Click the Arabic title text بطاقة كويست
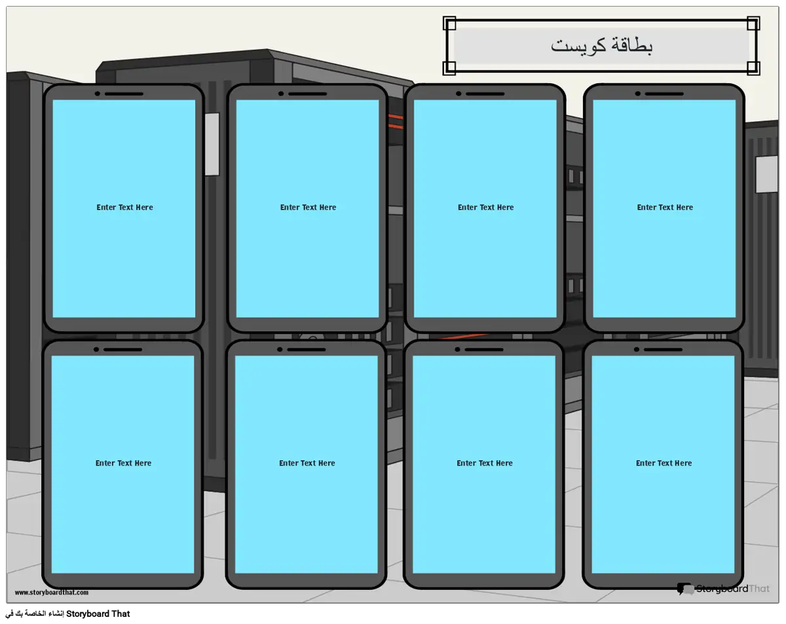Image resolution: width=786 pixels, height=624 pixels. coord(601,46)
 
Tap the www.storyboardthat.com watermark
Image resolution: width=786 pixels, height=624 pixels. coord(52,592)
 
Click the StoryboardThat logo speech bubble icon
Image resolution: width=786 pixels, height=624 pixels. coord(685,589)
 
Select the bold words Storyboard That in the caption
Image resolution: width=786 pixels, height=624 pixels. coord(98,614)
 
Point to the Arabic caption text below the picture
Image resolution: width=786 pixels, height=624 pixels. coord(35,614)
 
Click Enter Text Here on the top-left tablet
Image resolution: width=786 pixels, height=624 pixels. coord(124,208)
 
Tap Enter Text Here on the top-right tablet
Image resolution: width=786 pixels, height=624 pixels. coord(665,208)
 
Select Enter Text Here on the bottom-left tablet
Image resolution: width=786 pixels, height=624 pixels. coord(123,463)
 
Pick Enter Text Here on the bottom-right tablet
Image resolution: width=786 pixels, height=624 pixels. coord(664,463)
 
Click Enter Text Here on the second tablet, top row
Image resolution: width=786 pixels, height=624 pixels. coord(308,208)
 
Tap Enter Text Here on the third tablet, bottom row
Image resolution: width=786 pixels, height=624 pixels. coord(485,463)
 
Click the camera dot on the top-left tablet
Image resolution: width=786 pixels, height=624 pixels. coord(97,94)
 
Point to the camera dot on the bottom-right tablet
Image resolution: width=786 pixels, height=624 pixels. coord(637,350)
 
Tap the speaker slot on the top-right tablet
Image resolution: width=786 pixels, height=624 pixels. coord(664,94)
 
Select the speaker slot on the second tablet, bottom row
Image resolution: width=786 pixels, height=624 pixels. coord(307,350)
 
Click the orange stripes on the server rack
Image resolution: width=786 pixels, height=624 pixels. coord(396,122)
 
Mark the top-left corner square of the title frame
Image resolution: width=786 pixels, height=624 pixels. coord(449,24)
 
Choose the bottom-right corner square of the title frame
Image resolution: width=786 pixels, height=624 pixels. coord(753,68)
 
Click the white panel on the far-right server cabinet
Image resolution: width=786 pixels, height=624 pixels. coord(766,175)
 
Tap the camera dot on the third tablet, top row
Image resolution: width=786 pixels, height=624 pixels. coord(458,94)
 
